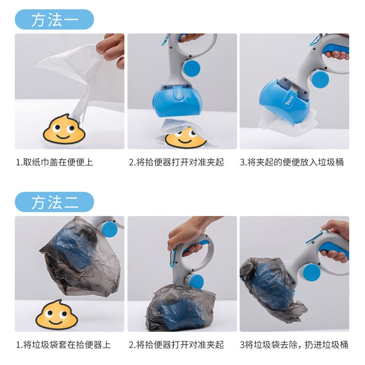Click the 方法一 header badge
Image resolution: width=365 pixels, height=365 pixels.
tap(54, 20)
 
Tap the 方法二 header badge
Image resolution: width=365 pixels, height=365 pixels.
tap(54, 202)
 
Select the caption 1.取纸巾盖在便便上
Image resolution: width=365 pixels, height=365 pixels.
tap(55, 162)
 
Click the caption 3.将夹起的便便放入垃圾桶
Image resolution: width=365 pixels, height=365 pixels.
tap(292, 162)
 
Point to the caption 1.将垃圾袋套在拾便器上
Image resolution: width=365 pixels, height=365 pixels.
tap(63, 345)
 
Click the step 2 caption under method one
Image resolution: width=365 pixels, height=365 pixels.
tap(176, 162)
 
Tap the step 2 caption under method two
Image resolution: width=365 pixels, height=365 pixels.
tap(176, 345)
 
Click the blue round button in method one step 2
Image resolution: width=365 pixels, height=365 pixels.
tap(191, 68)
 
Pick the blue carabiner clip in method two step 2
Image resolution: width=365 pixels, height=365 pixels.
tap(173, 259)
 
